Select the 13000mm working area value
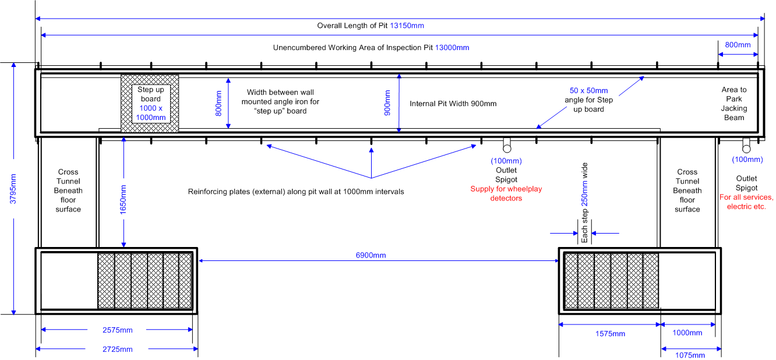click(452, 48)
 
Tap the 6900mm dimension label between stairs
click(371, 255)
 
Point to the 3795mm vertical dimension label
click(13, 189)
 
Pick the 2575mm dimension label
click(118, 330)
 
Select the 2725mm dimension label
click(118, 350)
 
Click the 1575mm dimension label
click(610, 334)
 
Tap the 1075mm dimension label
click(690, 355)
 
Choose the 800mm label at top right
click(738, 44)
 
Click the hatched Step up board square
click(150, 103)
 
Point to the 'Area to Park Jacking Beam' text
click(734, 104)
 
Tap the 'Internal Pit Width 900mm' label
click(453, 104)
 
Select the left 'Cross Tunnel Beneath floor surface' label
click(68, 190)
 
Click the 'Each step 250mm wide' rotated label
click(584, 203)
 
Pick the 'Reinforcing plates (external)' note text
click(296, 192)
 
